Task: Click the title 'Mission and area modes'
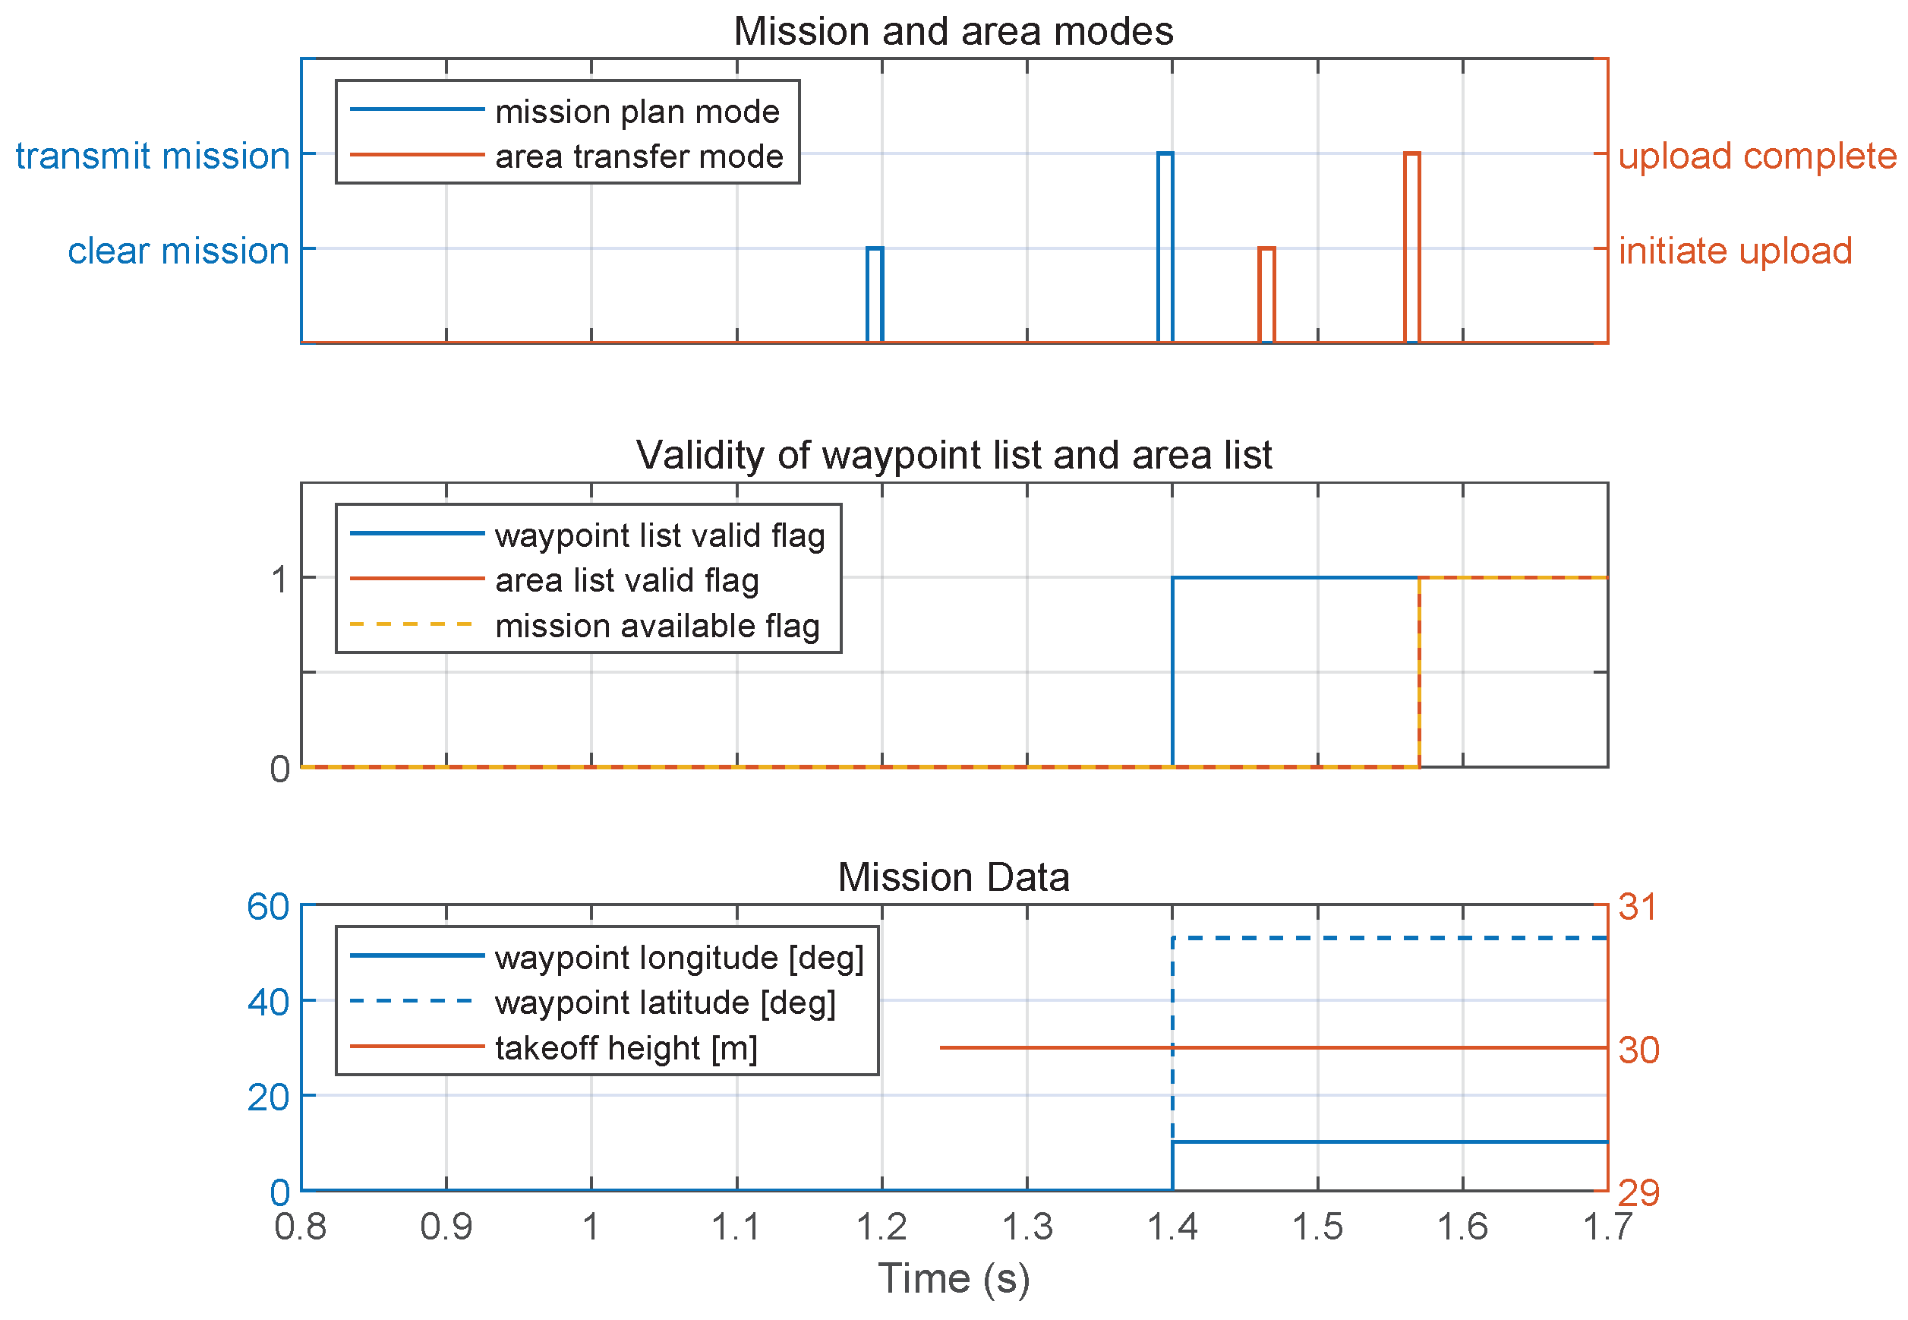click(x=953, y=32)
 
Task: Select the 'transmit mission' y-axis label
click(x=153, y=156)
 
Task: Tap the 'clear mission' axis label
click(x=178, y=251)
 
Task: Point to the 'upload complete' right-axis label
click(x=1757, y=156)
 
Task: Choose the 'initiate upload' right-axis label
click(x=1734, y=251)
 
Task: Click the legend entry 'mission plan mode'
click(x=636, y=112)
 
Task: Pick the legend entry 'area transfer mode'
click(x=639, y=156)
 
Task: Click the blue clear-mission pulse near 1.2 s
click(x=875, y=248)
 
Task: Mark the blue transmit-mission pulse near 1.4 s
click(x=1165, y=154)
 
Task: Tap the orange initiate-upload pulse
click(x=1266, y=248)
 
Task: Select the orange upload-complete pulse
click(x=1412, y=154)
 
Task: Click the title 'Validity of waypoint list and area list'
click(x=953, y=456)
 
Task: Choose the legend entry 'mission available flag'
click(x=658, y=626)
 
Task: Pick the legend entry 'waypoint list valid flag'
click(x=660, y=536)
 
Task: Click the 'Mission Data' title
click(x=953, y=877)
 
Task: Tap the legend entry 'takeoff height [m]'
click(x=626, y=1048)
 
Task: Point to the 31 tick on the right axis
click(x=1638, y=908)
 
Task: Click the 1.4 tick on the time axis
click(x=1172, y=1227)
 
